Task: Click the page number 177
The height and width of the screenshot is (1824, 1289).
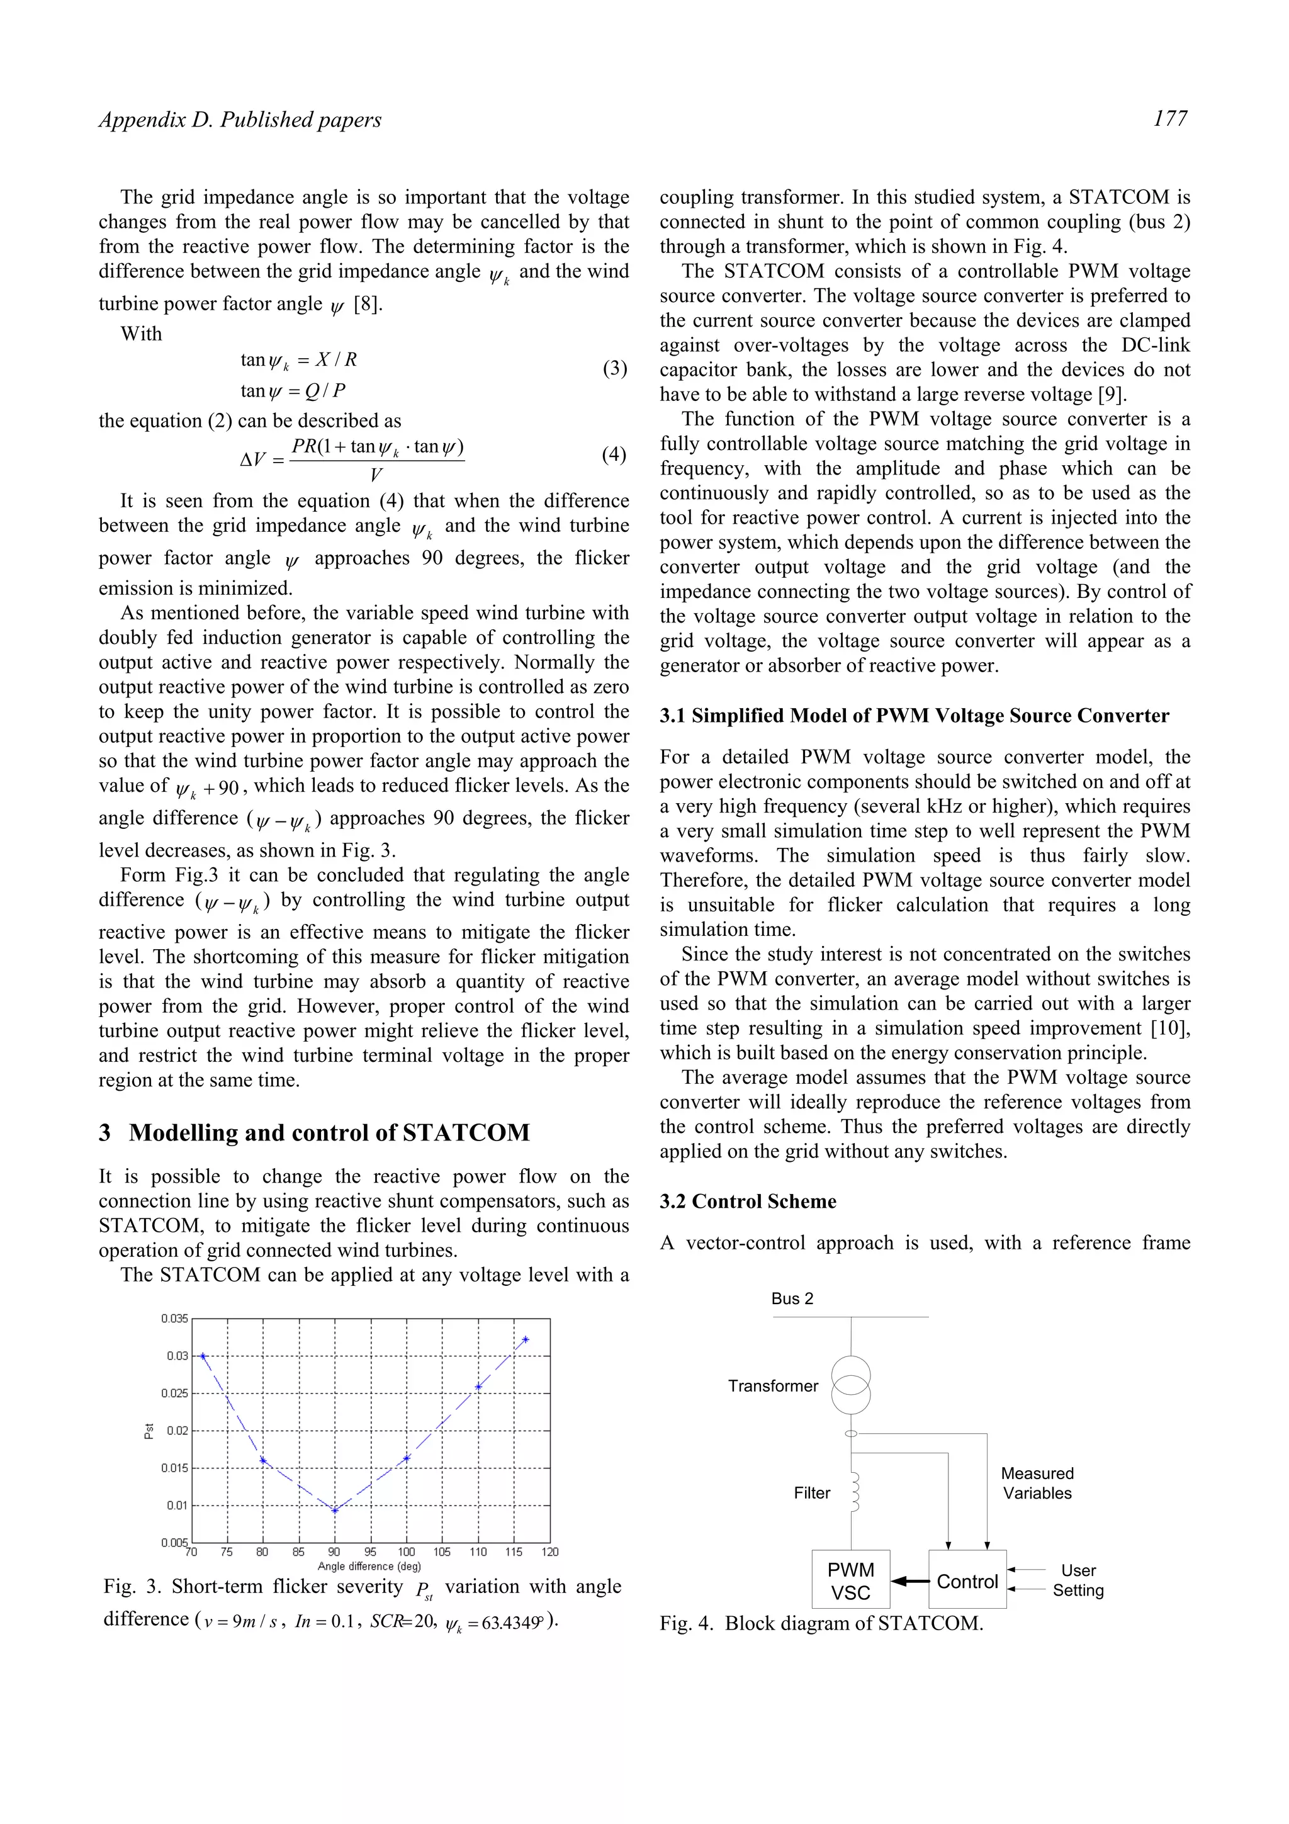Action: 1170,118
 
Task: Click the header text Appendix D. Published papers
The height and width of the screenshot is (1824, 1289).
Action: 240,120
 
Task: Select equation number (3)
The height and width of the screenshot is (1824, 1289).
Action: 614,369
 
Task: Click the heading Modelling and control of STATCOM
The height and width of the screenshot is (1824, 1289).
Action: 329,1132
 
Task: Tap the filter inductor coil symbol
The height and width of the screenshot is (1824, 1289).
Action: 854,1493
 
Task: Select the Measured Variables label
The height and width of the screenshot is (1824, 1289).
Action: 1037,1483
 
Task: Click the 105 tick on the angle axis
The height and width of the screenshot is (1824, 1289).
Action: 442,1551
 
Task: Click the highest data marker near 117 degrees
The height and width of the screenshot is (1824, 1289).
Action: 526,1339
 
